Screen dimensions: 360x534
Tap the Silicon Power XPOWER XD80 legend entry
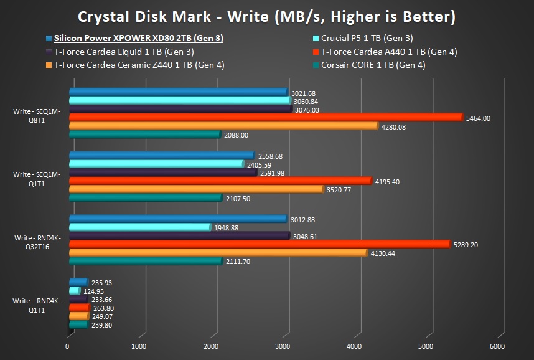tap(139, 38)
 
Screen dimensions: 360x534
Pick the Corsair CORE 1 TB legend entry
tap(373, 64)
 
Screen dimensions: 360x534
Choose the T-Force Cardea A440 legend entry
tap(389, 52)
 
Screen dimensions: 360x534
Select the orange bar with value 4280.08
tap(223, 126)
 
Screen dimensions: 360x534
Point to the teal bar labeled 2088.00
tap(144, 135)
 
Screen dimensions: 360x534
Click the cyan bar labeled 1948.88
tap(140, 227)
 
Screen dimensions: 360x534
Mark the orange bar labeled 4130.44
tap(218, 253)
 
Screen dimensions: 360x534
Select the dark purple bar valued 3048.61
tap(179, 236)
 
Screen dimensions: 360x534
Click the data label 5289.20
tap(469, 245)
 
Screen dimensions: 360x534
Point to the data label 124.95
tap(94, 291)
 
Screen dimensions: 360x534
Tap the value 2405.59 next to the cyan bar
tap(260, 164)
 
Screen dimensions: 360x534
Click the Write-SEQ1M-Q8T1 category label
tap(37, 116)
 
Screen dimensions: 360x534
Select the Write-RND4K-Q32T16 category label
tap(37, 242)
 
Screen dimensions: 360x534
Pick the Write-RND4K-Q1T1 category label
tap(37, 305)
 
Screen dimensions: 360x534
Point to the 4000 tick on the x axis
tap(354, 346)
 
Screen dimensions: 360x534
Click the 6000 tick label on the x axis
tap(497, 346)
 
